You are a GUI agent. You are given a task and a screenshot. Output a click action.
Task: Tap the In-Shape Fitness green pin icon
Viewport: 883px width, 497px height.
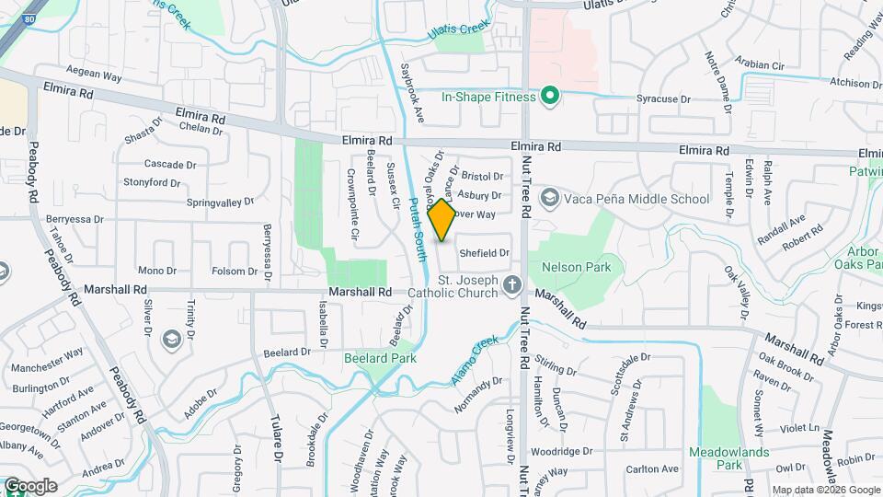point(550,96)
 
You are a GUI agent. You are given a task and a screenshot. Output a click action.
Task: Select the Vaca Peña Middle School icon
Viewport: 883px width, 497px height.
point(550,198)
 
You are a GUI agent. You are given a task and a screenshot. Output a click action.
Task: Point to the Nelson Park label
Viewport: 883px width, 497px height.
point(577,267)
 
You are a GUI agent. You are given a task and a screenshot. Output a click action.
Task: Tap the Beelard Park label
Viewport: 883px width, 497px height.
point(380,358)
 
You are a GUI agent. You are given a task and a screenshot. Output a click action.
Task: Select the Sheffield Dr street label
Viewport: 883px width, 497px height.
point(484,252)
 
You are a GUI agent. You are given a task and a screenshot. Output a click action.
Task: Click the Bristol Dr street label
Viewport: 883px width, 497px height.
point(483,176)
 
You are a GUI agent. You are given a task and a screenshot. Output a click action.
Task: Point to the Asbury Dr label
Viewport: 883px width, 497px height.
point(479,195)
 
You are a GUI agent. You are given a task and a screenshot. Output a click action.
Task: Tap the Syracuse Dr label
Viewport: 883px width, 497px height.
point(664,98)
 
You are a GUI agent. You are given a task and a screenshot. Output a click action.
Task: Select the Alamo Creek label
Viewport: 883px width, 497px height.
point(475,358)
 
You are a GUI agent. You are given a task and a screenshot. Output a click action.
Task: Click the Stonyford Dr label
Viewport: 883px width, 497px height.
point(152,182)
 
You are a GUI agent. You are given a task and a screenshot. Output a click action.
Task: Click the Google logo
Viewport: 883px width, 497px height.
point(30,486)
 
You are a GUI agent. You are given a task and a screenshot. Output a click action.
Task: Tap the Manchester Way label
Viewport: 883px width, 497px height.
point(47,360)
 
